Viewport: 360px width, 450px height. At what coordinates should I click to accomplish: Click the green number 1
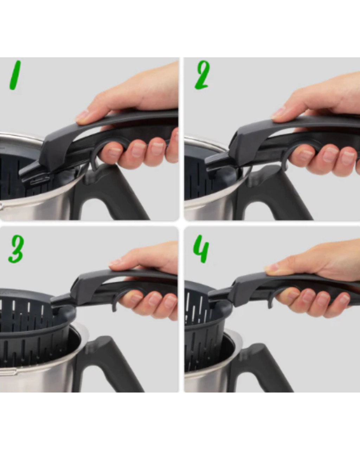pyautogui.click(x=15, y=75)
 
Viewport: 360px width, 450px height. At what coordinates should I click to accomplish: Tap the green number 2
pyautogui.click(x=202, y=75)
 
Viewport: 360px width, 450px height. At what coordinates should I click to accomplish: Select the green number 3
pyautogui.click(x=16, y=249)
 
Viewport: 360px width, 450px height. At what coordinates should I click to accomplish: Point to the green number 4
pyautogui.click(x=201, y=249)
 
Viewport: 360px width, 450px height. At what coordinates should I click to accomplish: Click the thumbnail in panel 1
pyautogui.click(x=82, y=116)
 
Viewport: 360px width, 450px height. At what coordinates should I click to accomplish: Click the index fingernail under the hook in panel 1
pyautogui.click(x=114, y=152)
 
